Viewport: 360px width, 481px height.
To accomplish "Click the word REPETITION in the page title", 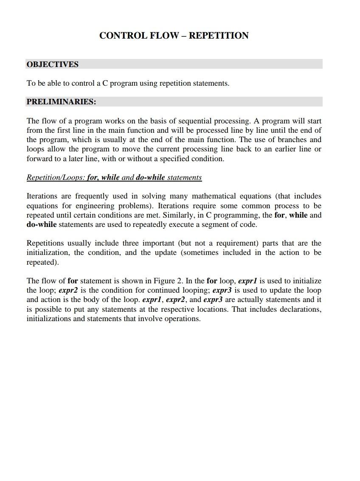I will click(x=219, y=36).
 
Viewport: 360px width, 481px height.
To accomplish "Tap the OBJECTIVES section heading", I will click(x=52, y=64).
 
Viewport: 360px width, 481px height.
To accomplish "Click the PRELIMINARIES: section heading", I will click(x=61, y=102).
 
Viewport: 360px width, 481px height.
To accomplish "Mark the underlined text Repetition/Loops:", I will click(x=56, y=177).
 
